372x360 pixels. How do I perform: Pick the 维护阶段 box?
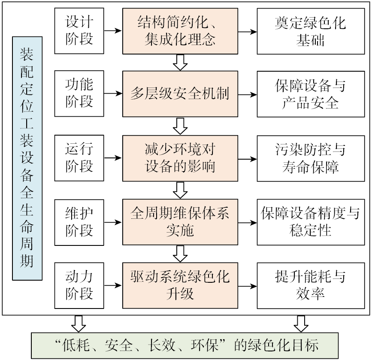coord(79,222)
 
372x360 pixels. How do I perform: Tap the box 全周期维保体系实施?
coord(180,222)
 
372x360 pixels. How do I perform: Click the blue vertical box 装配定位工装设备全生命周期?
coord(27,158)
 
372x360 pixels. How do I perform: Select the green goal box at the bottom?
coord(186,345)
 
